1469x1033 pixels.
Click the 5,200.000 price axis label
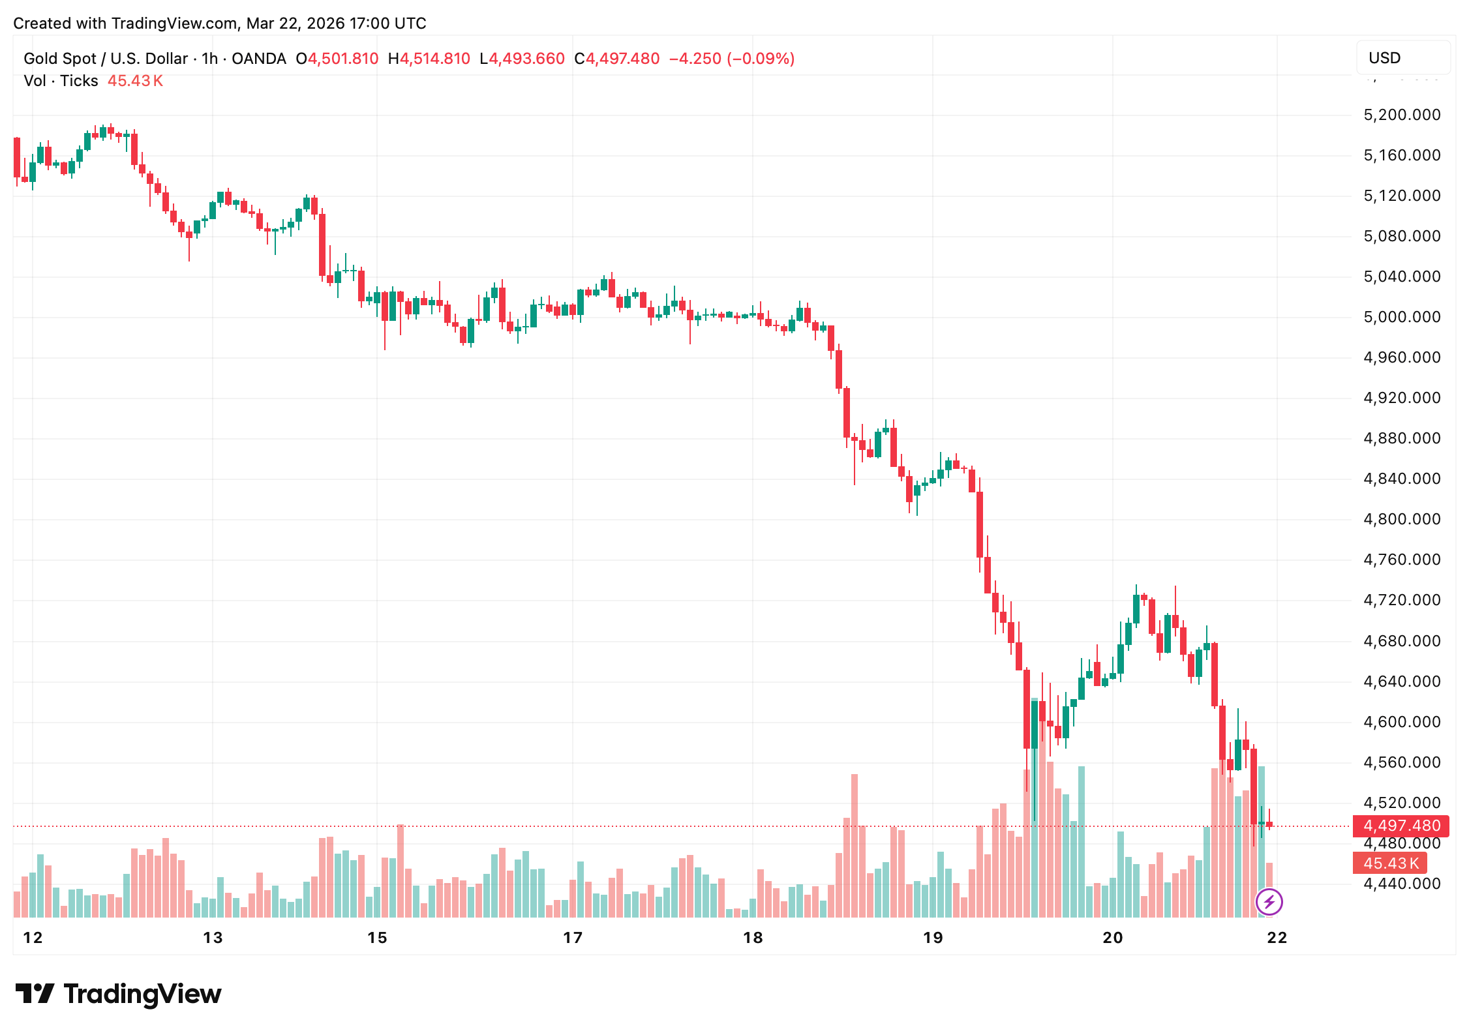pos(1402,115)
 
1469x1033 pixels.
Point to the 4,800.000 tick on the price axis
pos(1402,519)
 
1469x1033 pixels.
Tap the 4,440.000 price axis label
pos(1402,884)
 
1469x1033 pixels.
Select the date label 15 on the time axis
pos(377,938)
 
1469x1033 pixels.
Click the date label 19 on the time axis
pos(933,938)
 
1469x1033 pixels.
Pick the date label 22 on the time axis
pos(1277,938)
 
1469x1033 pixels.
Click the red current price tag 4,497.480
pos(1401,826)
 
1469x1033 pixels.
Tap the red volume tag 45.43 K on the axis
pos(1391,863)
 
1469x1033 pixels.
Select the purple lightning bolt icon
pos(1269,903)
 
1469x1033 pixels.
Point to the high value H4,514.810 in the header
pos(429,59)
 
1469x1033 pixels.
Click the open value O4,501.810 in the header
pos(337,59)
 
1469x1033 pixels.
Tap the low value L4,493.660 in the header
pos(522,59)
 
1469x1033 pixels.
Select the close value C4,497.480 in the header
pos(616,59)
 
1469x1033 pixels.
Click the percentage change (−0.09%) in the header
pos(761,59)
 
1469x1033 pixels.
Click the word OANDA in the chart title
pos(259,59)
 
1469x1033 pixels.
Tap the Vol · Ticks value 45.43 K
pos(135,81)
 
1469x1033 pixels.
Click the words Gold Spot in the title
pos(59,59)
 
